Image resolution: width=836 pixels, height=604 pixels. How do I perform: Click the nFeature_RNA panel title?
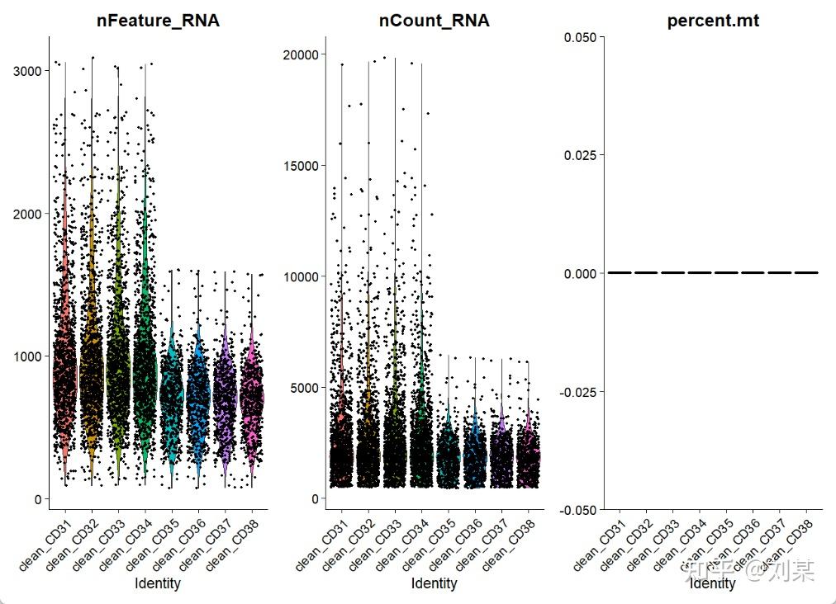[x=158, y=21]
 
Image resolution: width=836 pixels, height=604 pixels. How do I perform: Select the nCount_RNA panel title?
[x=434, y=21]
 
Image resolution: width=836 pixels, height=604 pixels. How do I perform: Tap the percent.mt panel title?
[x=713, y=21]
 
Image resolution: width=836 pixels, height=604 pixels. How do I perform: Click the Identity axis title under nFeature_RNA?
[x=158, y=583]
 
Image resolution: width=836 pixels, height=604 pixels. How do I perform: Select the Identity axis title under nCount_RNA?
[x=434, y=583]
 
